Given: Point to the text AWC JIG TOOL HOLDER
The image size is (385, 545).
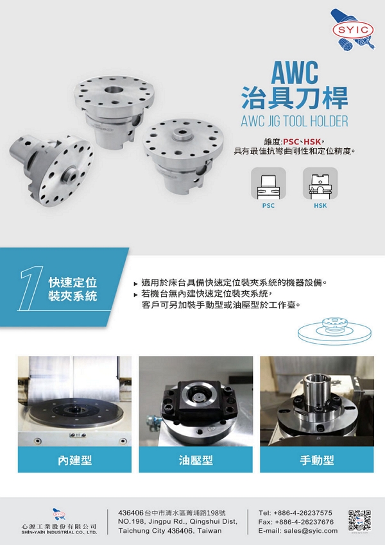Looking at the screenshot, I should (x=295, y=121).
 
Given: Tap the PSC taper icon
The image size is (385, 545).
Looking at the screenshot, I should (x=268, y=183).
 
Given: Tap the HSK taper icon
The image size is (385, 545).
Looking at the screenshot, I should (x=320, y=183).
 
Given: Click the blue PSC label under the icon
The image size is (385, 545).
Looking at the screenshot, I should (x=268, y=206).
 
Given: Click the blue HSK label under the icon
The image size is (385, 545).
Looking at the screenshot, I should (x=320, y=206).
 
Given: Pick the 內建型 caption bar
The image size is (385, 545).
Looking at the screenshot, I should (x=74, y=460).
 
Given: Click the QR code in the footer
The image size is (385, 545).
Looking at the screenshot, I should (x=360, y=521).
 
